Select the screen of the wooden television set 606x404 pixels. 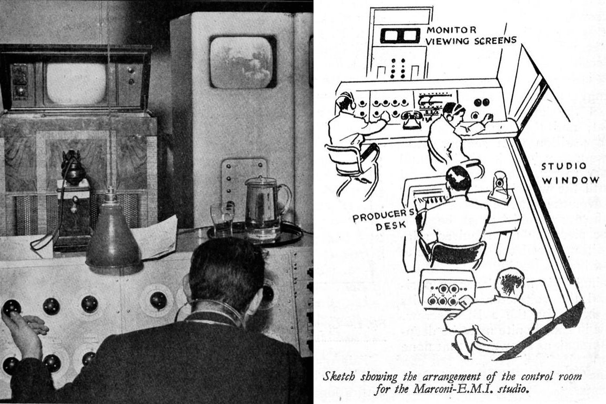(x=76, y=84)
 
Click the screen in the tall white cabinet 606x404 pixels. (x=243, y=63)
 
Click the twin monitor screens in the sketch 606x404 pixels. (x=400, y=36)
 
